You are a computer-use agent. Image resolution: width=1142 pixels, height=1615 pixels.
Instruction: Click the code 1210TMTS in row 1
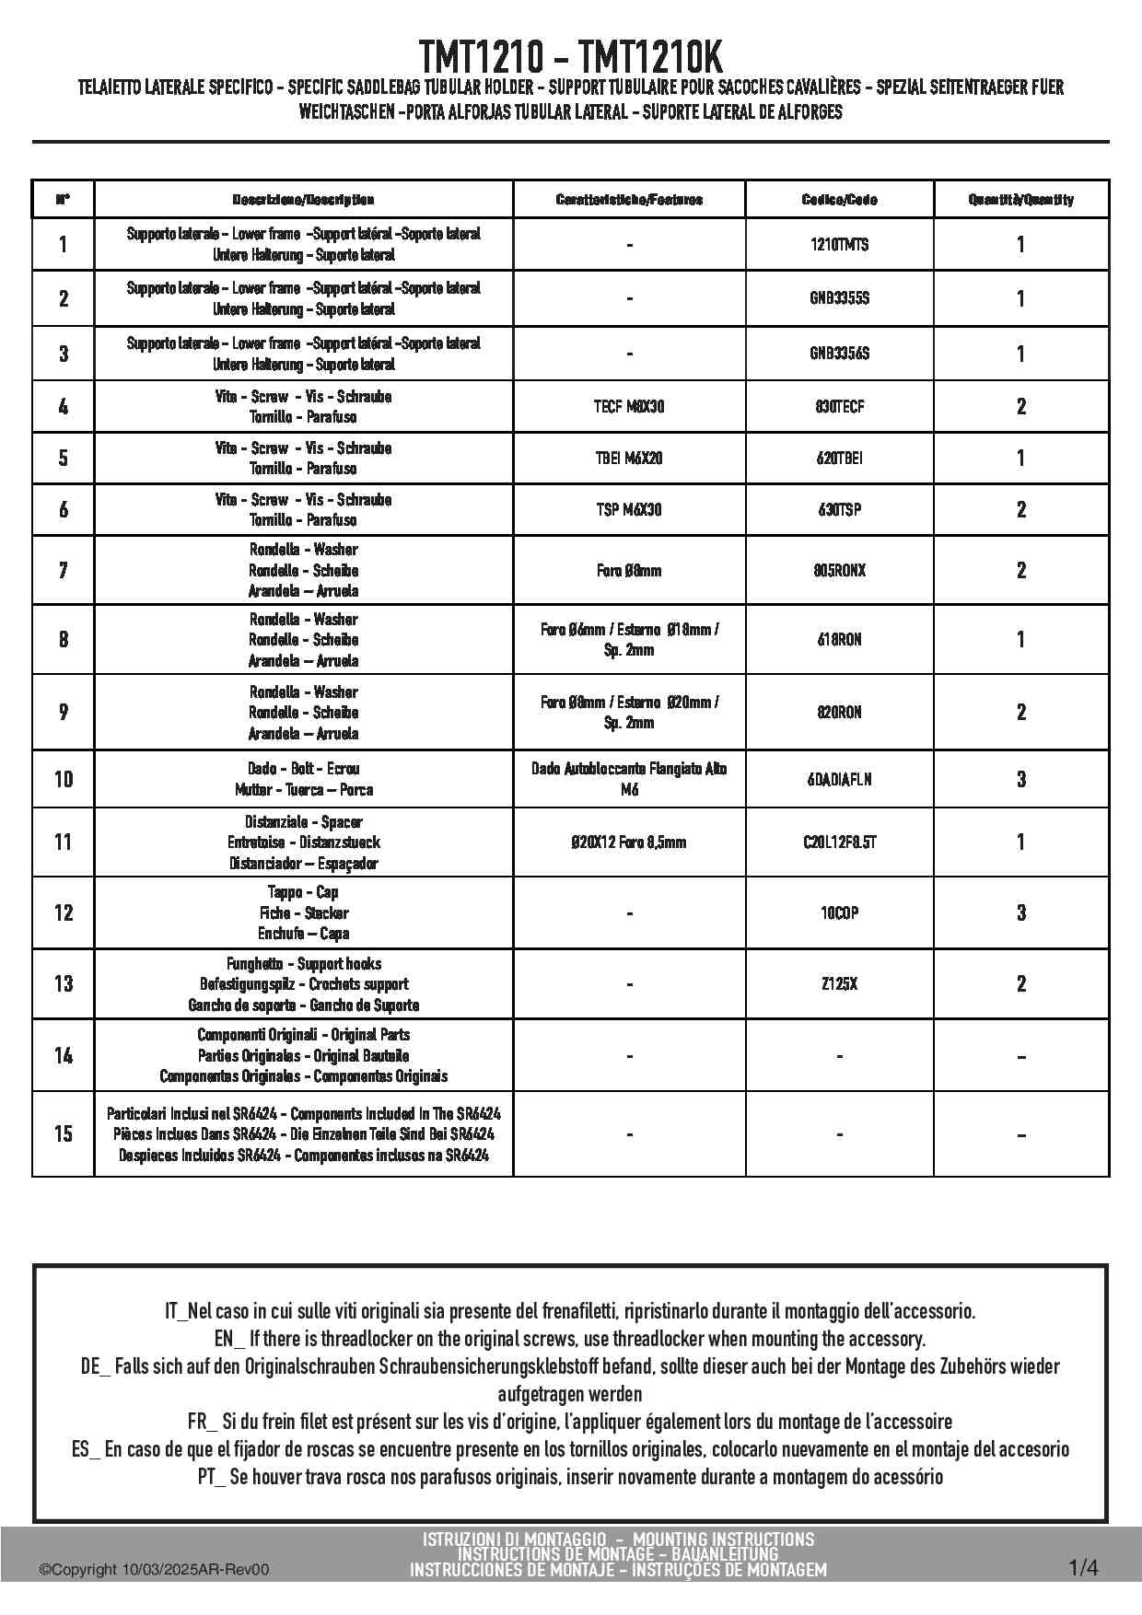[x=839, y=245]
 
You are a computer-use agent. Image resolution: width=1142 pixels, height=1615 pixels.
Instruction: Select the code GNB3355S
[x=839, y=298]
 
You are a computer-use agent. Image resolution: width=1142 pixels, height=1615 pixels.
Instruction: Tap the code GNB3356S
[x=839, y=354]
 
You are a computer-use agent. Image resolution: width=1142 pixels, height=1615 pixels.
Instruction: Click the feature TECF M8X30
[x=629, y=406]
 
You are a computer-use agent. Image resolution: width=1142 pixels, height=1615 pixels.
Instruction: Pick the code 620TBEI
[x=839, y=458]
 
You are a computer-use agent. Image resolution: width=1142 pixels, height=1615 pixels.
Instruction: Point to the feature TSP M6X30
[x=629, y=509]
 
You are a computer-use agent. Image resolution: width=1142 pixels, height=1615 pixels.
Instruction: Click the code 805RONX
[x=839, y=570]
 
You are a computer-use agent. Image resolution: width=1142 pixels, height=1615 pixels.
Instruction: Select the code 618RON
[x=839, y=639]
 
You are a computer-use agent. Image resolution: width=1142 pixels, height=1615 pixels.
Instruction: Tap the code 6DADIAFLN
[x=839, y=779]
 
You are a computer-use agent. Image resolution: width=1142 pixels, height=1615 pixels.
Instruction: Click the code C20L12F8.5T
[x=839, y=842]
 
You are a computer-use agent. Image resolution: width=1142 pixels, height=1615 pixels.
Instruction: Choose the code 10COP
[x=839, y=912]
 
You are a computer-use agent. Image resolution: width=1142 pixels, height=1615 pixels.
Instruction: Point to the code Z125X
[x=839, y=983]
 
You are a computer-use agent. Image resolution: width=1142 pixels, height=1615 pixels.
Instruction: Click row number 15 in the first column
[x=64, y=1133]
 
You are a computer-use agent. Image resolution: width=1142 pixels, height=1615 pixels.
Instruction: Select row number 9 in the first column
[x=64, y=712]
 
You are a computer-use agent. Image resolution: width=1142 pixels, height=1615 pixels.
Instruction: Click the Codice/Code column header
[x=839, y=200]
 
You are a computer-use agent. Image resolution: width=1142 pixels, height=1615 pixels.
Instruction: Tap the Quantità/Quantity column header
[x=1020, y=200]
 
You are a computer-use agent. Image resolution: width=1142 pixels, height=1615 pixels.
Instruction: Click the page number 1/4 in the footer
[x=1083, y=1567]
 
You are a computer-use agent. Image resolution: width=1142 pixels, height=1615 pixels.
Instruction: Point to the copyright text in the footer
[x=154, y=1570]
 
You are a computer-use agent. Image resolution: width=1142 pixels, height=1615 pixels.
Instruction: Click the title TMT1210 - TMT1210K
[x=571, y=57]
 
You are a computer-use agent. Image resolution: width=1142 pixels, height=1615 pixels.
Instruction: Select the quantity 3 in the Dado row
[x=1020, y=779]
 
